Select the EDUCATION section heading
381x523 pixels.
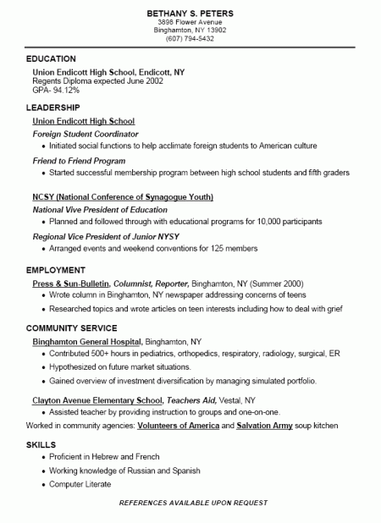click(x=51, y=59)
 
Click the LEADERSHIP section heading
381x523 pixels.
click(x=53, y=107)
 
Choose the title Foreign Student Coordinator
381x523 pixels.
click(x=86, y=134)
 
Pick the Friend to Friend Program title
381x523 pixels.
click(x=79, y=160)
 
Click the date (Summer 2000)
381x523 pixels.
click(x=275, y=284)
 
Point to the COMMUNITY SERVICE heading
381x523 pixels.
click(x=72, y=327)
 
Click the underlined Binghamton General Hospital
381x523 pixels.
click(x=86, y=340)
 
